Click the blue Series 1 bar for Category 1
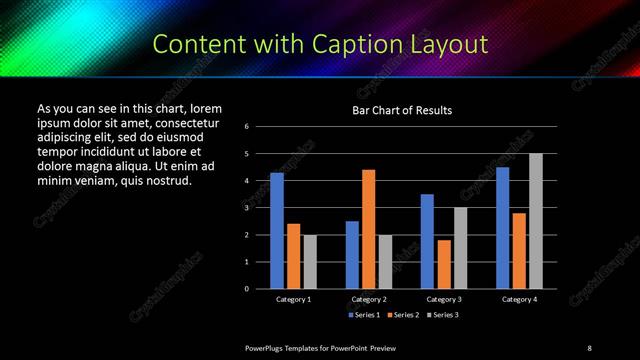tap(277, 230)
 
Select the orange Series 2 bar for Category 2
tap(368, 229)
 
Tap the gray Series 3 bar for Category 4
tap(535, 221)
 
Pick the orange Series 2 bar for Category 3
tap(444, 264)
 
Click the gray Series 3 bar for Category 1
tap(309, 261)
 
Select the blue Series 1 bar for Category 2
tap(352, 254)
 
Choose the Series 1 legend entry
tap(362, 315)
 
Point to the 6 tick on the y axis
tap(246, 127)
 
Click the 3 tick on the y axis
tap(246, 208)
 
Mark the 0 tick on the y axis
tap(246, 289)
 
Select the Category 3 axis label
tap(443, 299)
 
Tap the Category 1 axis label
tap(293, 299)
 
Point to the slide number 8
tap(589, 347)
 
